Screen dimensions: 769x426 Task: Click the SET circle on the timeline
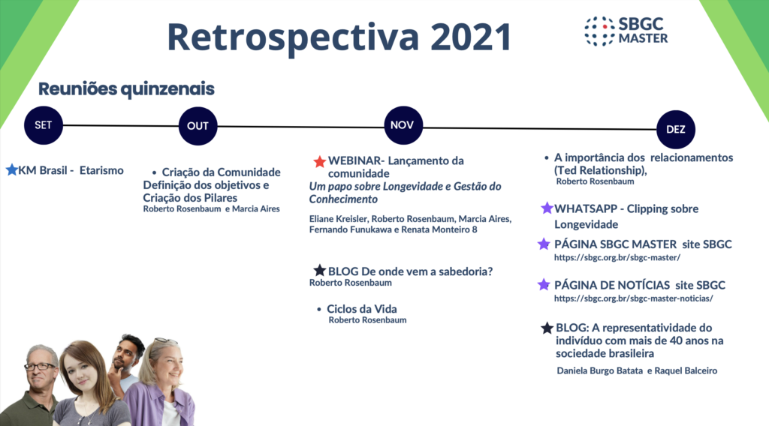pyautogui.click(x=43, y=125)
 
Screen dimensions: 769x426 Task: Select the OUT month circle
pyautogui.click(x=198, y=126)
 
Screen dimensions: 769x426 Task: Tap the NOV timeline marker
pyautogui.click(x=403, y=125)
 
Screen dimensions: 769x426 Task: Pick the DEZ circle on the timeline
pyautogui.click(x=675, y=129)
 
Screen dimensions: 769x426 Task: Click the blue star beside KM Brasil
pyautogui.click(x=12, y=170)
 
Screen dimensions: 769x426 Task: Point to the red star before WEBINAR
pyautogui.click(x=320, y=161)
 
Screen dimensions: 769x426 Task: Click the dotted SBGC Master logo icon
pyautogui.click(x=599, y=31)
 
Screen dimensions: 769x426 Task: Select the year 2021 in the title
pyautogui.click(x=472, y=37)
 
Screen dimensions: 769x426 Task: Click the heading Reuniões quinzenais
pyautogui.click(x=126, y=89)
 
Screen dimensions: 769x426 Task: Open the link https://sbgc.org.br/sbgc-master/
pyautogui.click(x=617, y=257)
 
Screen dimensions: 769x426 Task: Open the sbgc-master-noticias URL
pyautogui.click(x=633, y=298)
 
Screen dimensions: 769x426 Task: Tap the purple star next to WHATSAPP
pyautogui.click(x=547, y=208)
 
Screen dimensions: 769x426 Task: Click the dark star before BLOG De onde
pyautogui.click(x=320, y=270)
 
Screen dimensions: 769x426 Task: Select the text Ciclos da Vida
pyautogui.click(x=362, y=309)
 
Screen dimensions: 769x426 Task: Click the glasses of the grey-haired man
pyautogui.click(x=40, y=366)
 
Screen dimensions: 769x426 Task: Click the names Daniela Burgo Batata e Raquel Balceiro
pyautogui.click(x=637, y=370)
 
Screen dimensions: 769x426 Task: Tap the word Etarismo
pyautogui.click(x=101, y=170)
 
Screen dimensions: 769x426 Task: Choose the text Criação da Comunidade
pyautogui.click(x=222, y=172)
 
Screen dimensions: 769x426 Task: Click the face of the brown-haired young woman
pyautogui.click(x=83, y=372)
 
